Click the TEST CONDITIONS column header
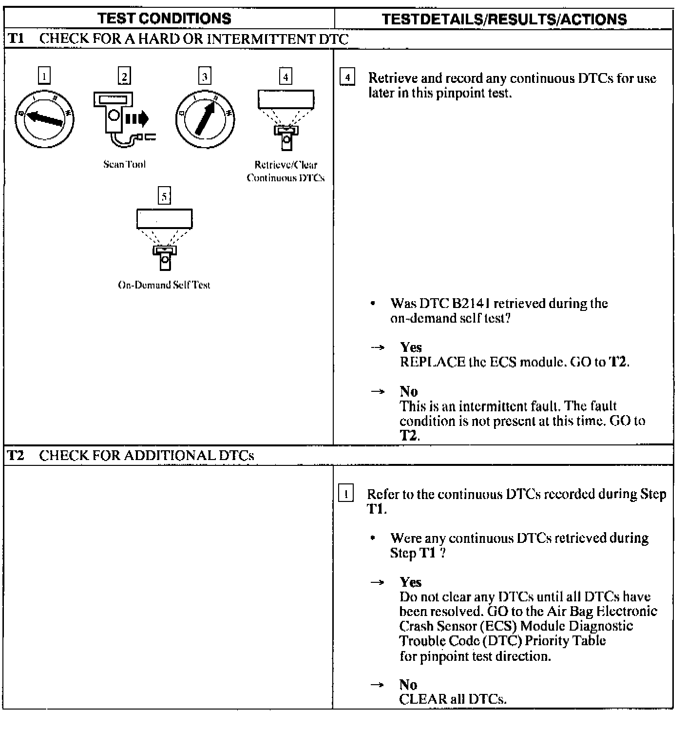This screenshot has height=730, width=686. pyautogui.click(x=164, y=19)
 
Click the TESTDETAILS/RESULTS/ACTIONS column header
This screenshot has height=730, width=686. pyautogui.click(x=504, y=19)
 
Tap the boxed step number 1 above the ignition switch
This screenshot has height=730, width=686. pyautogui.click(x=44, y=76)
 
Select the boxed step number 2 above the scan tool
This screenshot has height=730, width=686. pyautogui.click(x=125, y=76)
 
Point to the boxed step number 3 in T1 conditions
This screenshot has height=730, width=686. pyautogui.click(x=205, y=76)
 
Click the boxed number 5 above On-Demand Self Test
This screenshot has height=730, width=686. pyautogui.click(x=164, y=196)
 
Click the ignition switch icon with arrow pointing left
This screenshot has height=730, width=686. pyautogui.click(x=44, y=118)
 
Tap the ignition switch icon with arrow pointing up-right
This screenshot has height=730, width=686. pyautogui.click(x=205, y=118)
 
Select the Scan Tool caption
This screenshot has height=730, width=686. pyautogui.click(x=124, y=164)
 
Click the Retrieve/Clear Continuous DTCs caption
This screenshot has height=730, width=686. pyautogui.click(x=286, y=171)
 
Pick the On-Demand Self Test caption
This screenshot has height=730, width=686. pyautogui.click(x=164, y=285)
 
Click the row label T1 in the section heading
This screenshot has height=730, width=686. pyautogui.click(x=16, y=39)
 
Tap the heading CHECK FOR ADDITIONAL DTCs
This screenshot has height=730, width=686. pyautogui.click(x=146, y=456)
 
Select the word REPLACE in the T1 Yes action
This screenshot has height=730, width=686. pyautogui.click(x=432, y=362)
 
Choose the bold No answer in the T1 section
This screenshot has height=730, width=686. pyautogui.click(x=408, y=391)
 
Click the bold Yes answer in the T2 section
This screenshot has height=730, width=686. pyautogui.click(x=410, y=582)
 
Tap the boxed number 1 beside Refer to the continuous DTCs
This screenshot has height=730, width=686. pyautogui.click(x=346, y=494)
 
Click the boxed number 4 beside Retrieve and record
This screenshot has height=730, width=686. pyautogui.click(x=347, y=78)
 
